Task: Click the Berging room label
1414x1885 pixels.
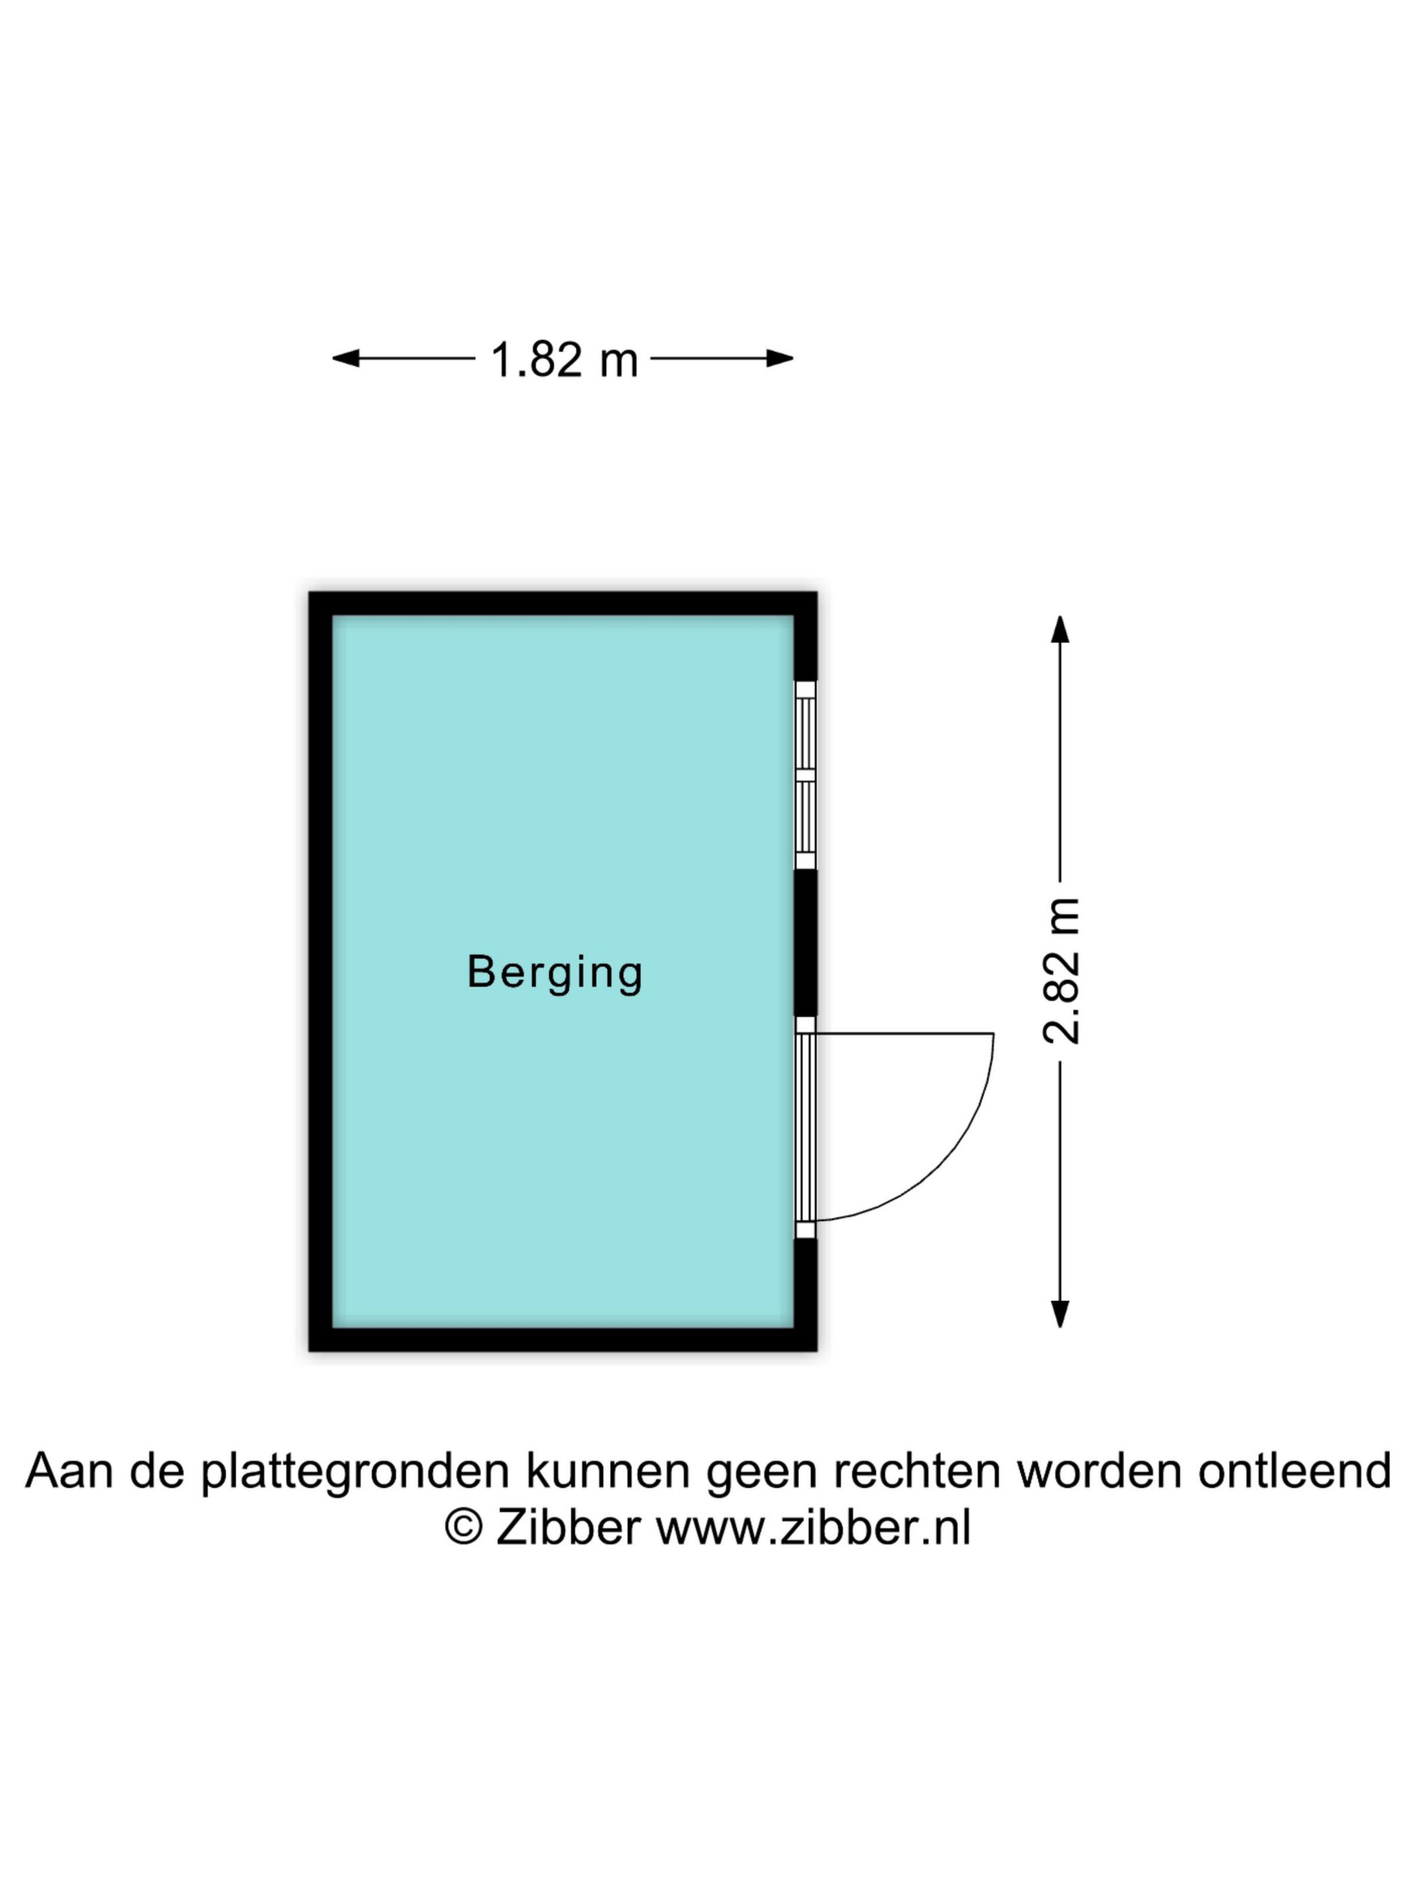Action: [x=554, y=972]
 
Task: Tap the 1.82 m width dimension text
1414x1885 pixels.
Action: [x=564, y=359]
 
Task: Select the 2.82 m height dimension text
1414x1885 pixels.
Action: [x=1061, y=971]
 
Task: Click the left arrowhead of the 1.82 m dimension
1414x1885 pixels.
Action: [x=345, y=358]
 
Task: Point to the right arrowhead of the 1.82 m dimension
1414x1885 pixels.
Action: [x=780, y=358]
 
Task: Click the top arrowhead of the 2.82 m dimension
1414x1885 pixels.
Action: [x=1059, y=629]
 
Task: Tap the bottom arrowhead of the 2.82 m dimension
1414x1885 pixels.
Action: [x=1059, y=1314]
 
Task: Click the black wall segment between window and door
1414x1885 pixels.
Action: [x=805, y=943]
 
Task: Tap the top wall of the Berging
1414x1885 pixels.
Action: [x=562, y=603]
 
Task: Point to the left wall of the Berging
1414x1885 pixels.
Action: [x=321, y=971]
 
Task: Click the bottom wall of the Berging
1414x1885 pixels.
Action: [x=562, y=1340]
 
